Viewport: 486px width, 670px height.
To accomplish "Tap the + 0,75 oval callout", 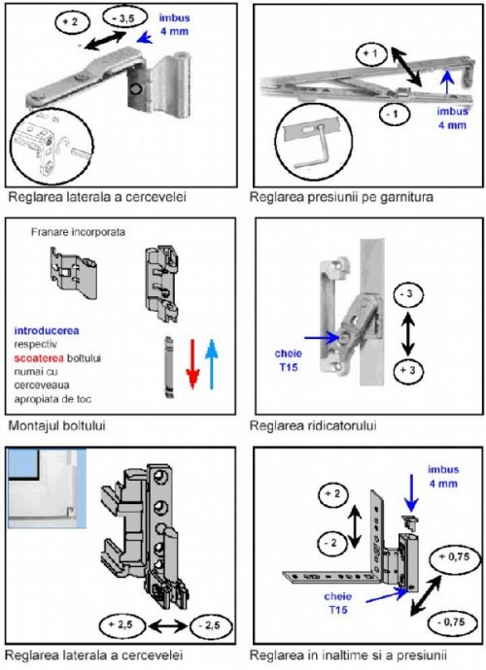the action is [454, 556].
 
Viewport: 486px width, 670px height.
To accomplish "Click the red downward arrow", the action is [193, 364].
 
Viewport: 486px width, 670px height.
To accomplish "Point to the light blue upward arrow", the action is [211, 364].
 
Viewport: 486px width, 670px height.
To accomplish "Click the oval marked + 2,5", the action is [122, 625].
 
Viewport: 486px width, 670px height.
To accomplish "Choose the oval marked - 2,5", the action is [211, 625].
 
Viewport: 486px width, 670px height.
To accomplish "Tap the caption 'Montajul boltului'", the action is [57, 425].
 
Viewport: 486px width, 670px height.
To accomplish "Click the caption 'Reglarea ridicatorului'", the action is [313, 425].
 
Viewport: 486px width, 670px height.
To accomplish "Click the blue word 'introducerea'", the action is [47, 331].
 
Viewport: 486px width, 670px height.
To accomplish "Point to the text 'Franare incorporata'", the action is [79, 232].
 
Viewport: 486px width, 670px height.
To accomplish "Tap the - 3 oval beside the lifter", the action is [408, 294].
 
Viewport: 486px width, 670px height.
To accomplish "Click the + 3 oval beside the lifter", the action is [408, 370].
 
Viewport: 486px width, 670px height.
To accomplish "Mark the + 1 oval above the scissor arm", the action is [371, 54].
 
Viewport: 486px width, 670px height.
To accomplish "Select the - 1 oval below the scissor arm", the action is [395, 114].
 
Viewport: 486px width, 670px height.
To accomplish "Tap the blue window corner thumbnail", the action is [47, 488].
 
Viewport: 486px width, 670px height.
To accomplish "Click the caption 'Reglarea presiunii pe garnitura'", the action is [341, 197].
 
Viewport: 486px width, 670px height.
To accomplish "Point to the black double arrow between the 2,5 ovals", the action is [167, 626].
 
